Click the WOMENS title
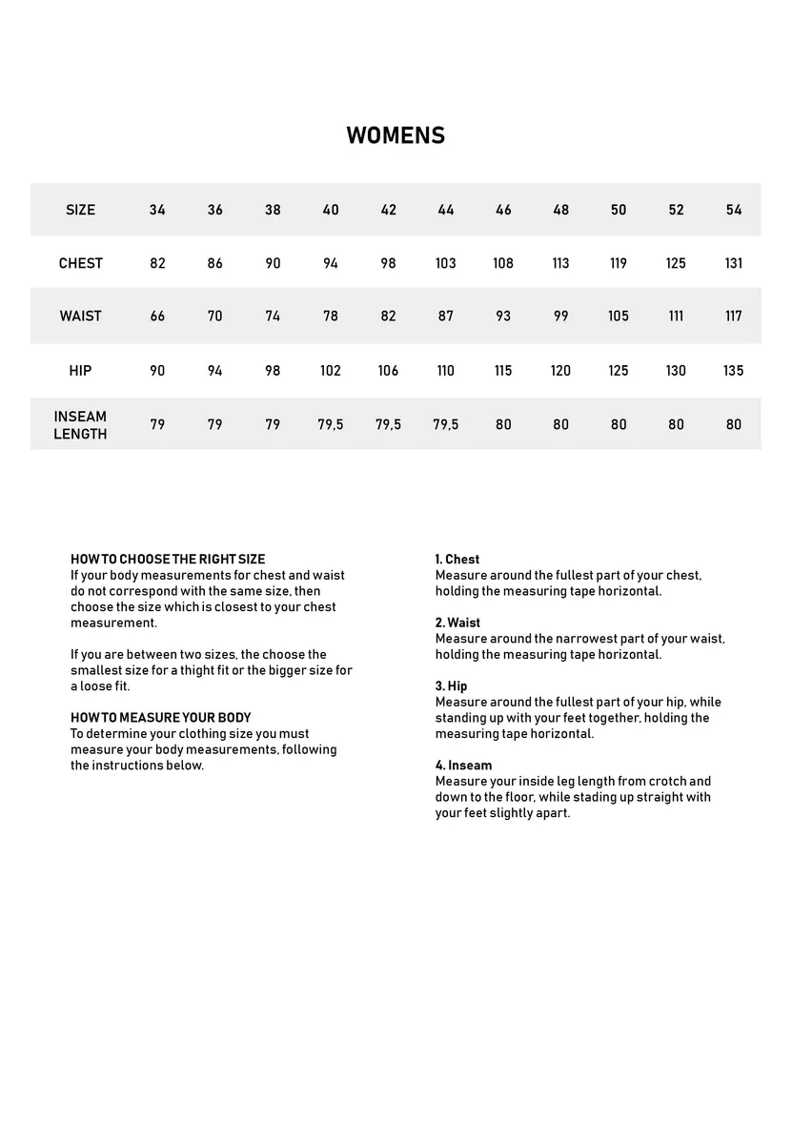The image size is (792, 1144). pyautogui.click(x=396, y=135)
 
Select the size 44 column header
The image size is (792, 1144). pyautogui.click(x=446, y=210)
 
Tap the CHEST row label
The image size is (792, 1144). pyautogui.click(x=80, y=263)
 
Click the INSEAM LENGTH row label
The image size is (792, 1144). pyautogui.click(x=80, y=425)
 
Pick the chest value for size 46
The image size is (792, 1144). pyautogui.click(x=503, y=263)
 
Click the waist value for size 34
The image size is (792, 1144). pyautogui.click(x=157, y=317)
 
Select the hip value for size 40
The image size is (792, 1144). pyautogui.click(x=330, y=371)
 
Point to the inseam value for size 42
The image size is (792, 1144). pyautogui.click(x=388, y=425)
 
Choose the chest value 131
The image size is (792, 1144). pyautogui.click(x=733, y=263)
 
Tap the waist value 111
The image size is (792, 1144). pyautogui.click(x=676, y=317)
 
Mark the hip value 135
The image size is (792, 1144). pyautogui.click(x=733, y=371)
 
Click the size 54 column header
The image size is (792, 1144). pyautogui.click(x=733, y=210)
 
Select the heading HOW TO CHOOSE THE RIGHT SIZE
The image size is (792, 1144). pyautogui.click(x=168, y=560)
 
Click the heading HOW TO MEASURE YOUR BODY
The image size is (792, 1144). pyautogui.click(x=161, y=718)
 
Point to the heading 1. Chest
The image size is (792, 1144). pyautogui.click(x=457, y=560)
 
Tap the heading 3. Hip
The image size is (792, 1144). pyautogui.click(x=452, y=686)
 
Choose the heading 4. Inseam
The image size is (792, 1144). pyautogui.click(x=464, y=766)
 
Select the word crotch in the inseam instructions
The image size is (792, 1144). pyautogui.click(x=667, y=782)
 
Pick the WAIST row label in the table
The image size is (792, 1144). pyautogui.click(x=80, y=317)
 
